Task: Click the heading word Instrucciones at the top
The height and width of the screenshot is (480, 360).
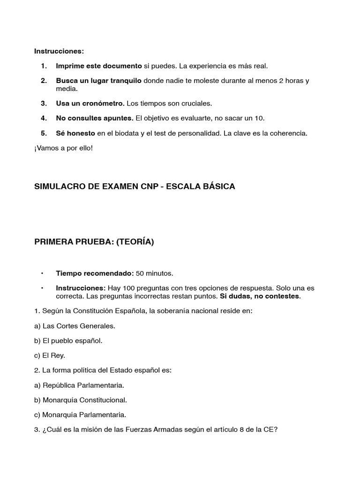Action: tap(59, 51)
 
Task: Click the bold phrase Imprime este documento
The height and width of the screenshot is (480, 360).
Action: tap(98, 66)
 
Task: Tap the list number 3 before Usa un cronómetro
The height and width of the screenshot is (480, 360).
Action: tap(44, 103)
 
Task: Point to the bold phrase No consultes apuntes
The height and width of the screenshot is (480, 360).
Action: tap(95, 118)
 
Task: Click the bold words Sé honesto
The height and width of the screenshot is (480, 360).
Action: tap(75, 133)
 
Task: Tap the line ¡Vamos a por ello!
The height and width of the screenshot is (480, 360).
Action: tap(64, 148)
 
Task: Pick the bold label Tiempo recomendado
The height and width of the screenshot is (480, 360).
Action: tap(95, 273)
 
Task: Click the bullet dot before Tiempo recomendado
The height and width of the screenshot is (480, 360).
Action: tap(42, 273)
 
